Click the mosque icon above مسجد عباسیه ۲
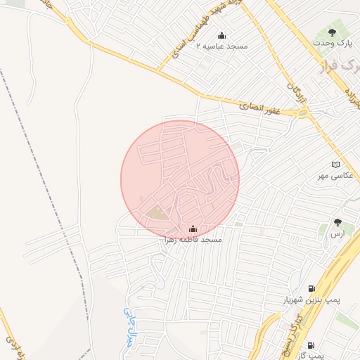point(222,36)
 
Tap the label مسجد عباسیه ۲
point(222,46)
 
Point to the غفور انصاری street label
point(259,108)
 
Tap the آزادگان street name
point(296,96)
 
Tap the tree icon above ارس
point(338,223)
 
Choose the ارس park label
point(338,233)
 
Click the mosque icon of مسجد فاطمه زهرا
point(193,229)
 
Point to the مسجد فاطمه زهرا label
point(193,240)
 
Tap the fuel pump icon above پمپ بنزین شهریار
point(311,288)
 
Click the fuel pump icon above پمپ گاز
point(310,345)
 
